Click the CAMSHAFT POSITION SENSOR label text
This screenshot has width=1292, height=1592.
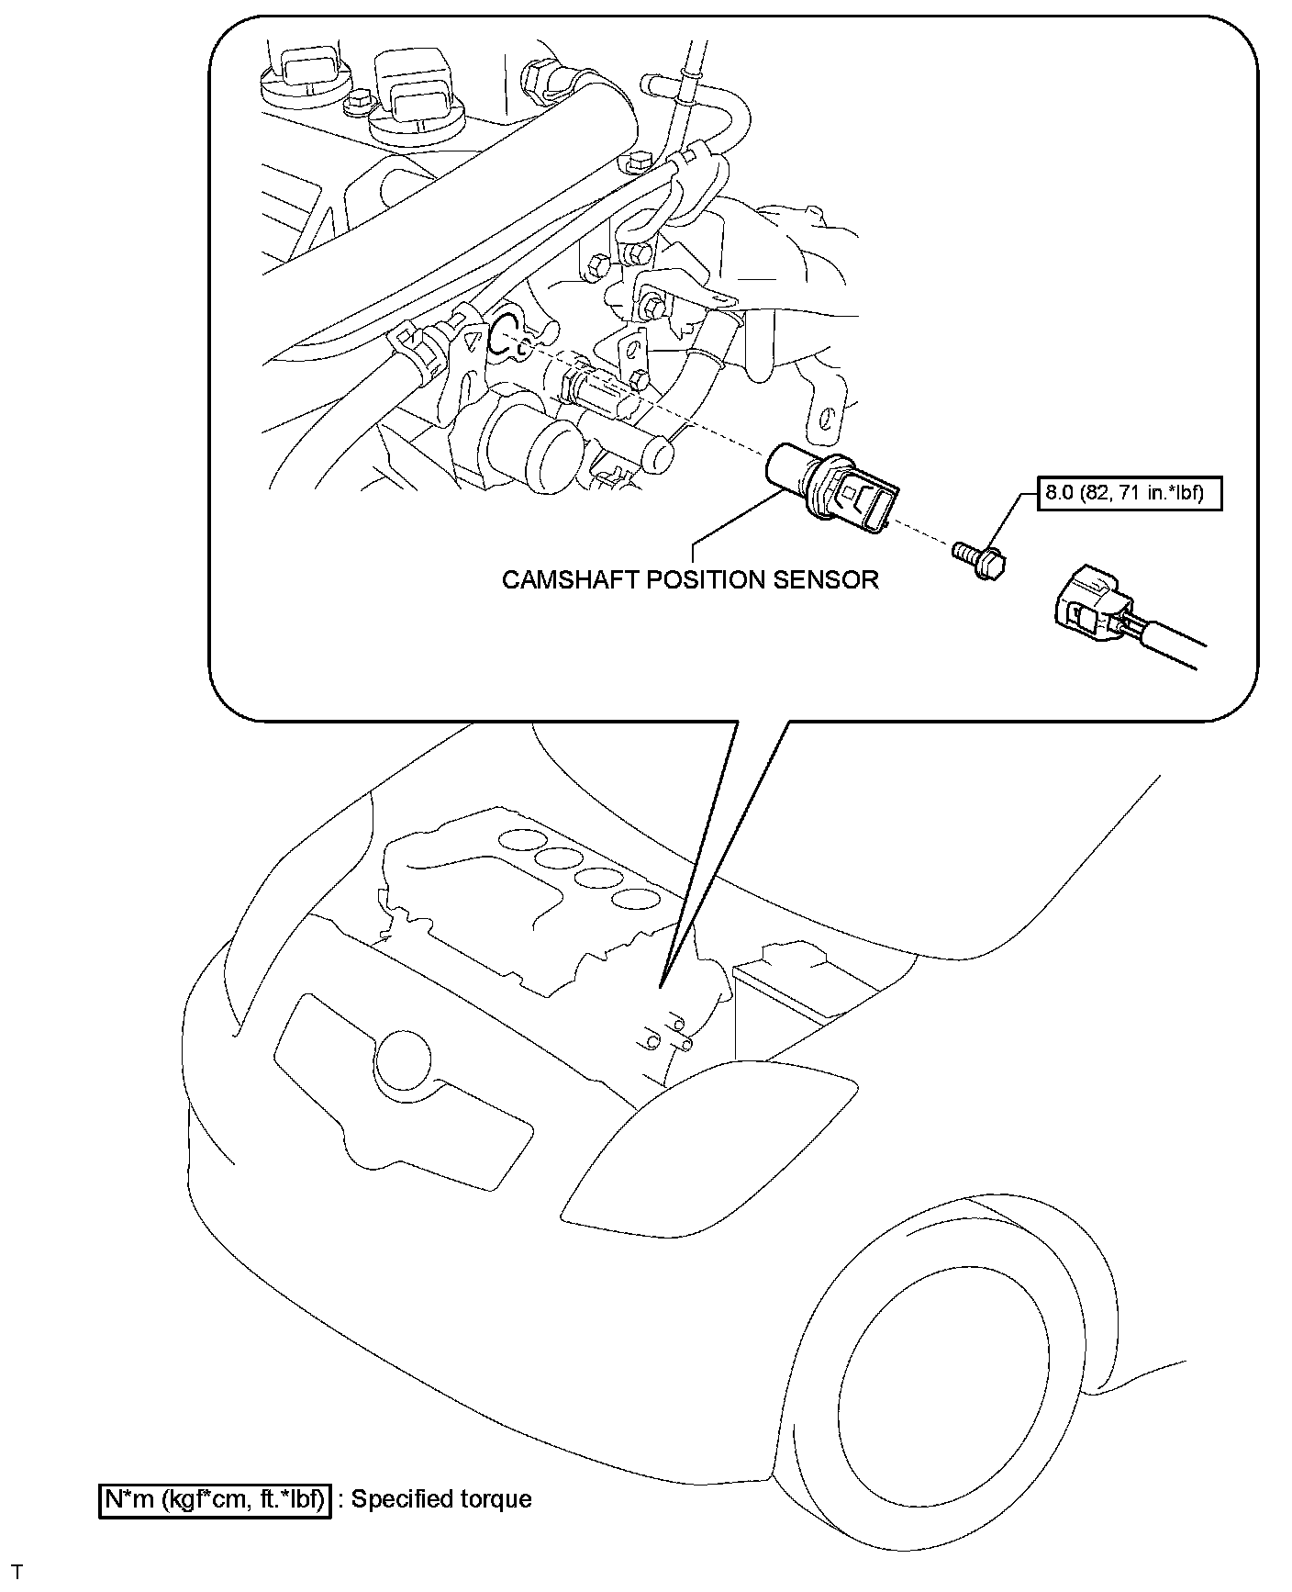click(690, 579)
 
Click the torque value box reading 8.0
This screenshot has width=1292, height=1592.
click(1132, 494)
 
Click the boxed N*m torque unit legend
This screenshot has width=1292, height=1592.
click(214, 1499)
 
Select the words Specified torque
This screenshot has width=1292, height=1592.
click(441, 1499)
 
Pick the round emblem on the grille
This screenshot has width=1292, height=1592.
click(401, 1061)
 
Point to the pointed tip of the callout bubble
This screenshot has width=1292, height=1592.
click(660, 986)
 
